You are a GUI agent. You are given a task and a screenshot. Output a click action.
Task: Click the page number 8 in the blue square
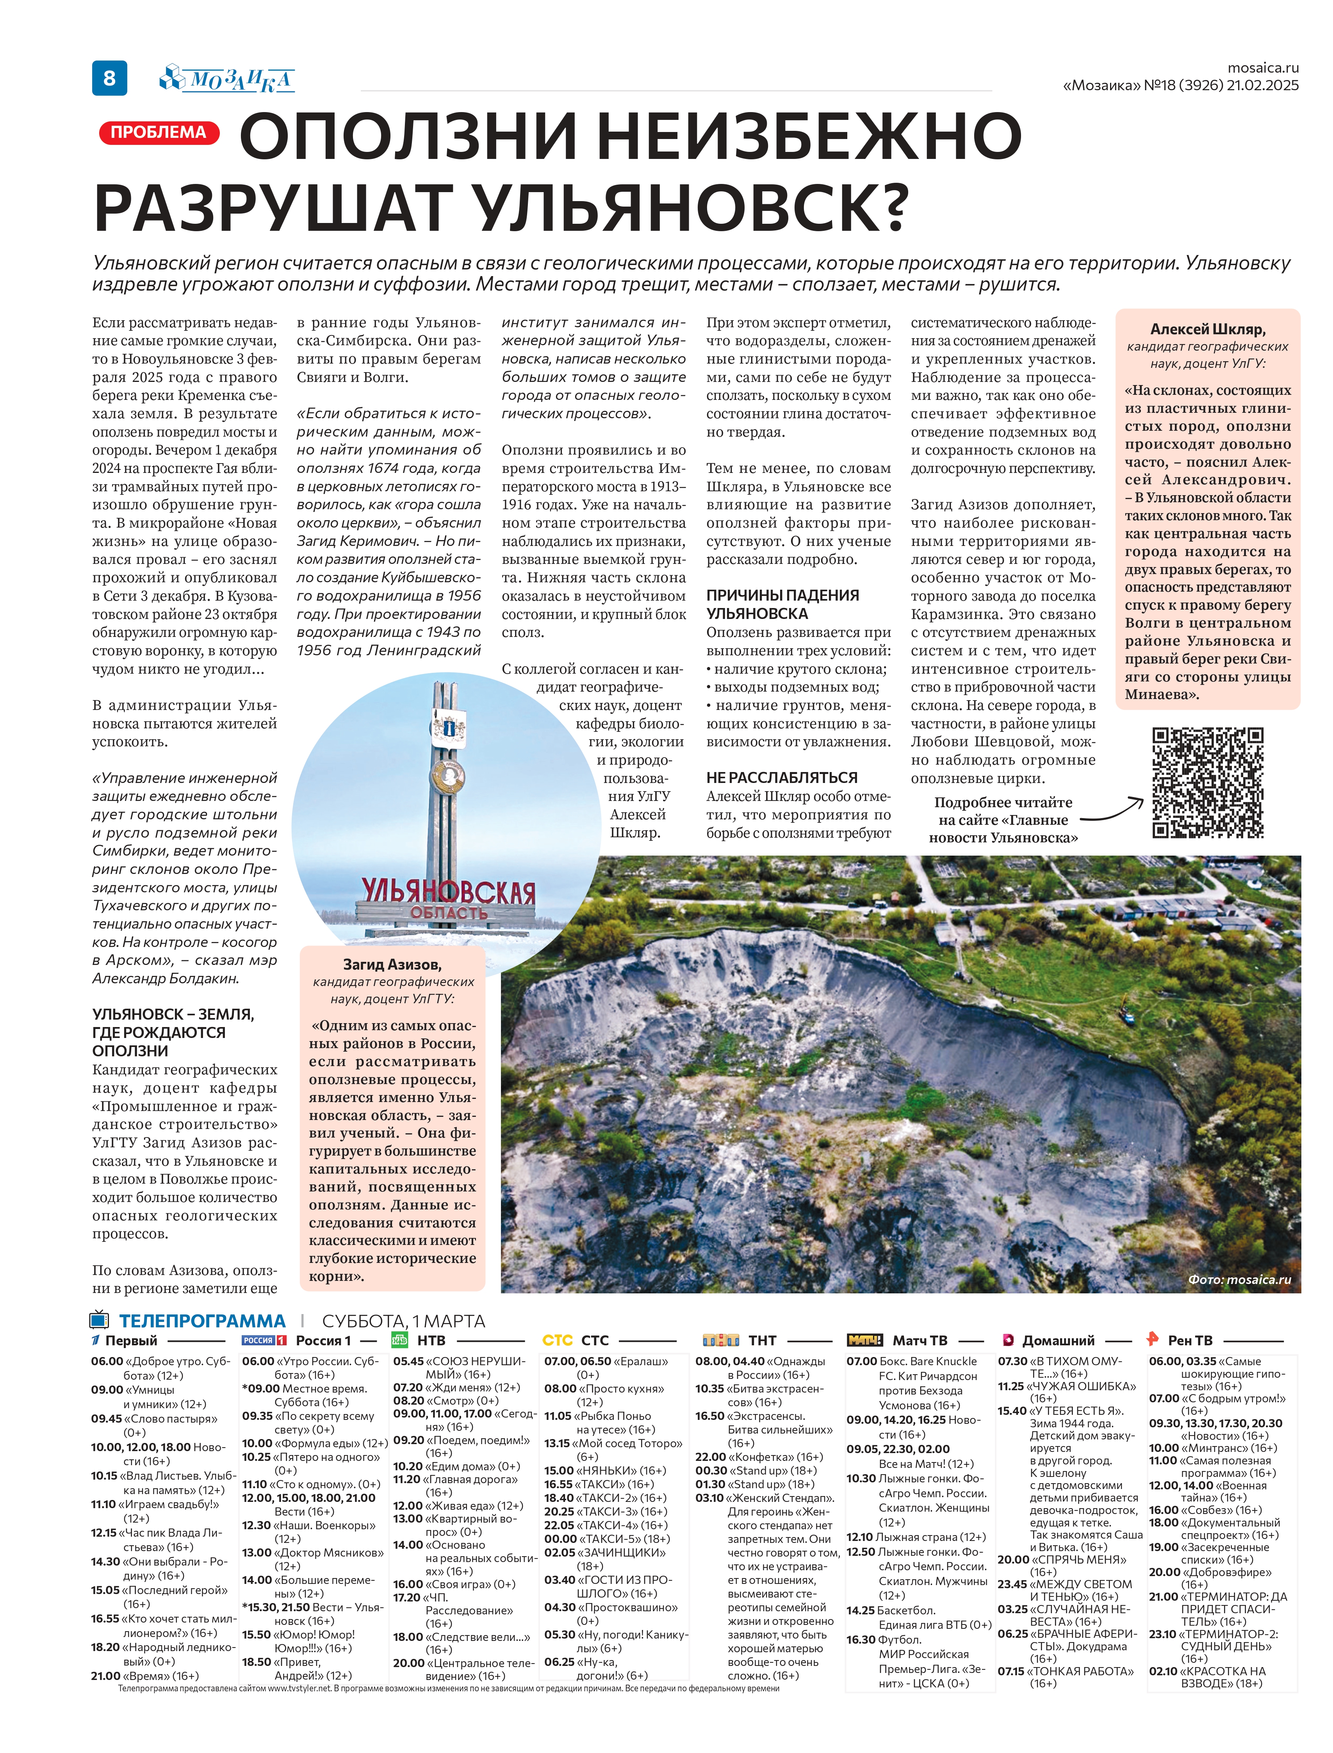109,78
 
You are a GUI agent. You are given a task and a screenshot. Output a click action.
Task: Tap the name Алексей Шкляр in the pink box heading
1208,329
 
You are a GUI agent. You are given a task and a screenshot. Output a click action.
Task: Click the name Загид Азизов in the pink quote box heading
392,964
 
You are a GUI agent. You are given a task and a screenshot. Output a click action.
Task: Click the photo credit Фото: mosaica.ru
1239,1279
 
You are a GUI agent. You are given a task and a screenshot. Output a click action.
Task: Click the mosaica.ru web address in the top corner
1263,68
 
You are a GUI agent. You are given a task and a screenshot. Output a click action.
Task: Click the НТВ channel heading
431,1340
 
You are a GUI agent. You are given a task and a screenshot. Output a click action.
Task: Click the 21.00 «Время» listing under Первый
144,1676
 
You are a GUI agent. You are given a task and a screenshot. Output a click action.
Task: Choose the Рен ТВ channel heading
1189,1340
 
